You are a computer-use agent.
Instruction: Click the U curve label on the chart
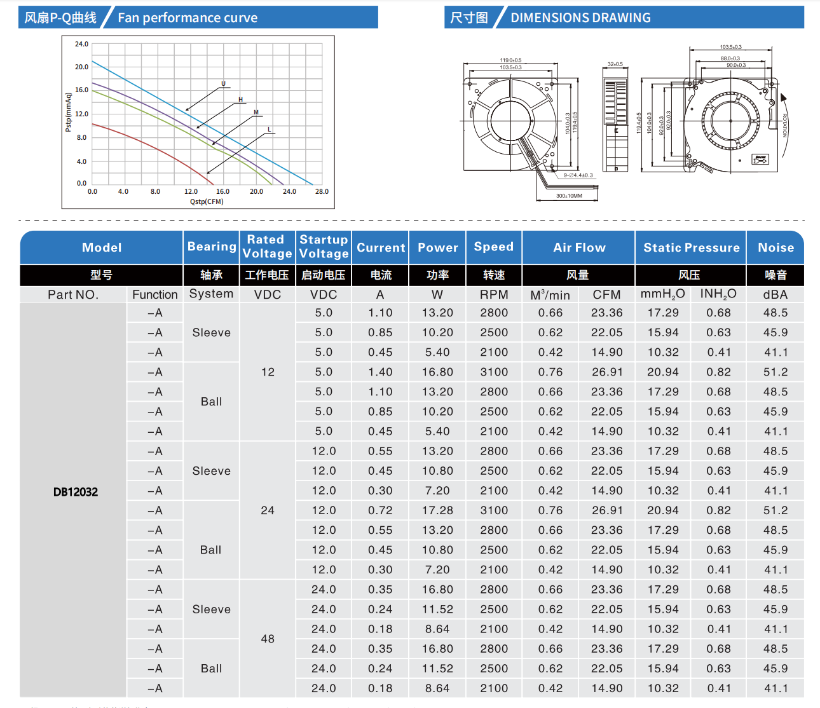(x=223, y=84)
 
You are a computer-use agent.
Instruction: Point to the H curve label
(x=240, y=100)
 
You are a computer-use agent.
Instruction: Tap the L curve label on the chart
(x=269, y=130)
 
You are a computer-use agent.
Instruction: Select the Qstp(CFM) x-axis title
(x=207, y=201)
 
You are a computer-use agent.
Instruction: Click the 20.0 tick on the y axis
(x=82, y=67)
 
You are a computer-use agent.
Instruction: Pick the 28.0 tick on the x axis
(x=322, y=191)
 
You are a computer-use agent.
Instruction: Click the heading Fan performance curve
(x=188, y=18)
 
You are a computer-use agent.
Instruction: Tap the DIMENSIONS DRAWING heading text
(x=580, y=18)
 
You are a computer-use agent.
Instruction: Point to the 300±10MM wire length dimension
(x=569, y=196)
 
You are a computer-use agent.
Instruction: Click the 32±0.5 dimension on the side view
(x=615, y=64)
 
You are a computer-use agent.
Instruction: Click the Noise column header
(x=776, y=248)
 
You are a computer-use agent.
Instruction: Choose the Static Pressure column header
(x=691, y=248)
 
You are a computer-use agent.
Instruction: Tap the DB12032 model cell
(x=76, y=492)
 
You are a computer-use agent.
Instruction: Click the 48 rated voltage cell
(x=268, y=639)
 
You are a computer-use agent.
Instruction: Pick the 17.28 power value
(x=437, y=510)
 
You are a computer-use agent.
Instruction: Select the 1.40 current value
(x=380, y=372)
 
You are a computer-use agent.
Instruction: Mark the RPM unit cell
(x=494, y=295)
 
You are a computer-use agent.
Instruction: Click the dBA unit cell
(x=776, y=295)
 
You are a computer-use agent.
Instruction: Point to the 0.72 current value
(x=380, y=510)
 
